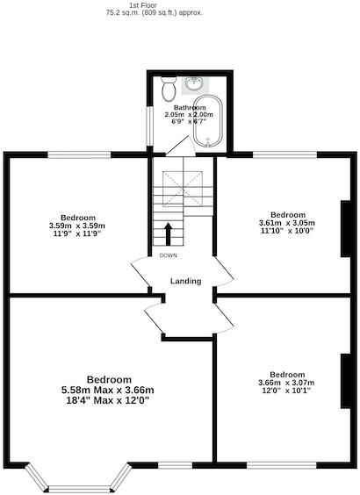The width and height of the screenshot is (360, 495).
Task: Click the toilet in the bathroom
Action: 169,89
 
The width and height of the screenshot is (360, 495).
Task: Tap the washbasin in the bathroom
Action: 192,85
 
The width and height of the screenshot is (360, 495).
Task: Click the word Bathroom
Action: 189,107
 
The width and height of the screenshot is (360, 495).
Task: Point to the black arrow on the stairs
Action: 167,234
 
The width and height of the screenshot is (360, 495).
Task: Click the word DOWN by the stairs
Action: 167,255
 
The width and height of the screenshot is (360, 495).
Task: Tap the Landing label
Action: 186,282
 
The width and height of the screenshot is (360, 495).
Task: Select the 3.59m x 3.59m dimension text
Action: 77,226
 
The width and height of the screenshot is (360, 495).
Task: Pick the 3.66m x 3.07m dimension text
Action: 286,382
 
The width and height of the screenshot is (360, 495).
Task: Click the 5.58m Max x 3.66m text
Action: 107,390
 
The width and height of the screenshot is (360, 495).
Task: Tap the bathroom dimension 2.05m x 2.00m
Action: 189,115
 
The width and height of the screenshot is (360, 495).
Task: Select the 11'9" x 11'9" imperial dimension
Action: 77,234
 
